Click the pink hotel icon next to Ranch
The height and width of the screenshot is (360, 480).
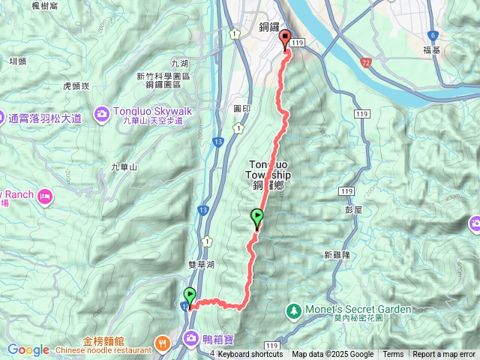click(46, 196)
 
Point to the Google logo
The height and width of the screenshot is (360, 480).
click(28, 350)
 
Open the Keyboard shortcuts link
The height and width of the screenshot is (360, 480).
click(250, 355)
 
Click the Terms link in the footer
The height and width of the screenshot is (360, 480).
click(393, 355)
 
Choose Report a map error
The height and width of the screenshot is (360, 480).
click(445, 355)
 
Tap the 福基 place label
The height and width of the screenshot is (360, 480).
click(431, 50)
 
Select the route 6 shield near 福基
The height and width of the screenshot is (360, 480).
click(433, 35)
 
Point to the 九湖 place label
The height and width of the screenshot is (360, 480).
click(180, 64)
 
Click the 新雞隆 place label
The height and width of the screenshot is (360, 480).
click(337, 255)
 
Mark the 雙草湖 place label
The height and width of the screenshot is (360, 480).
click(202, 265)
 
